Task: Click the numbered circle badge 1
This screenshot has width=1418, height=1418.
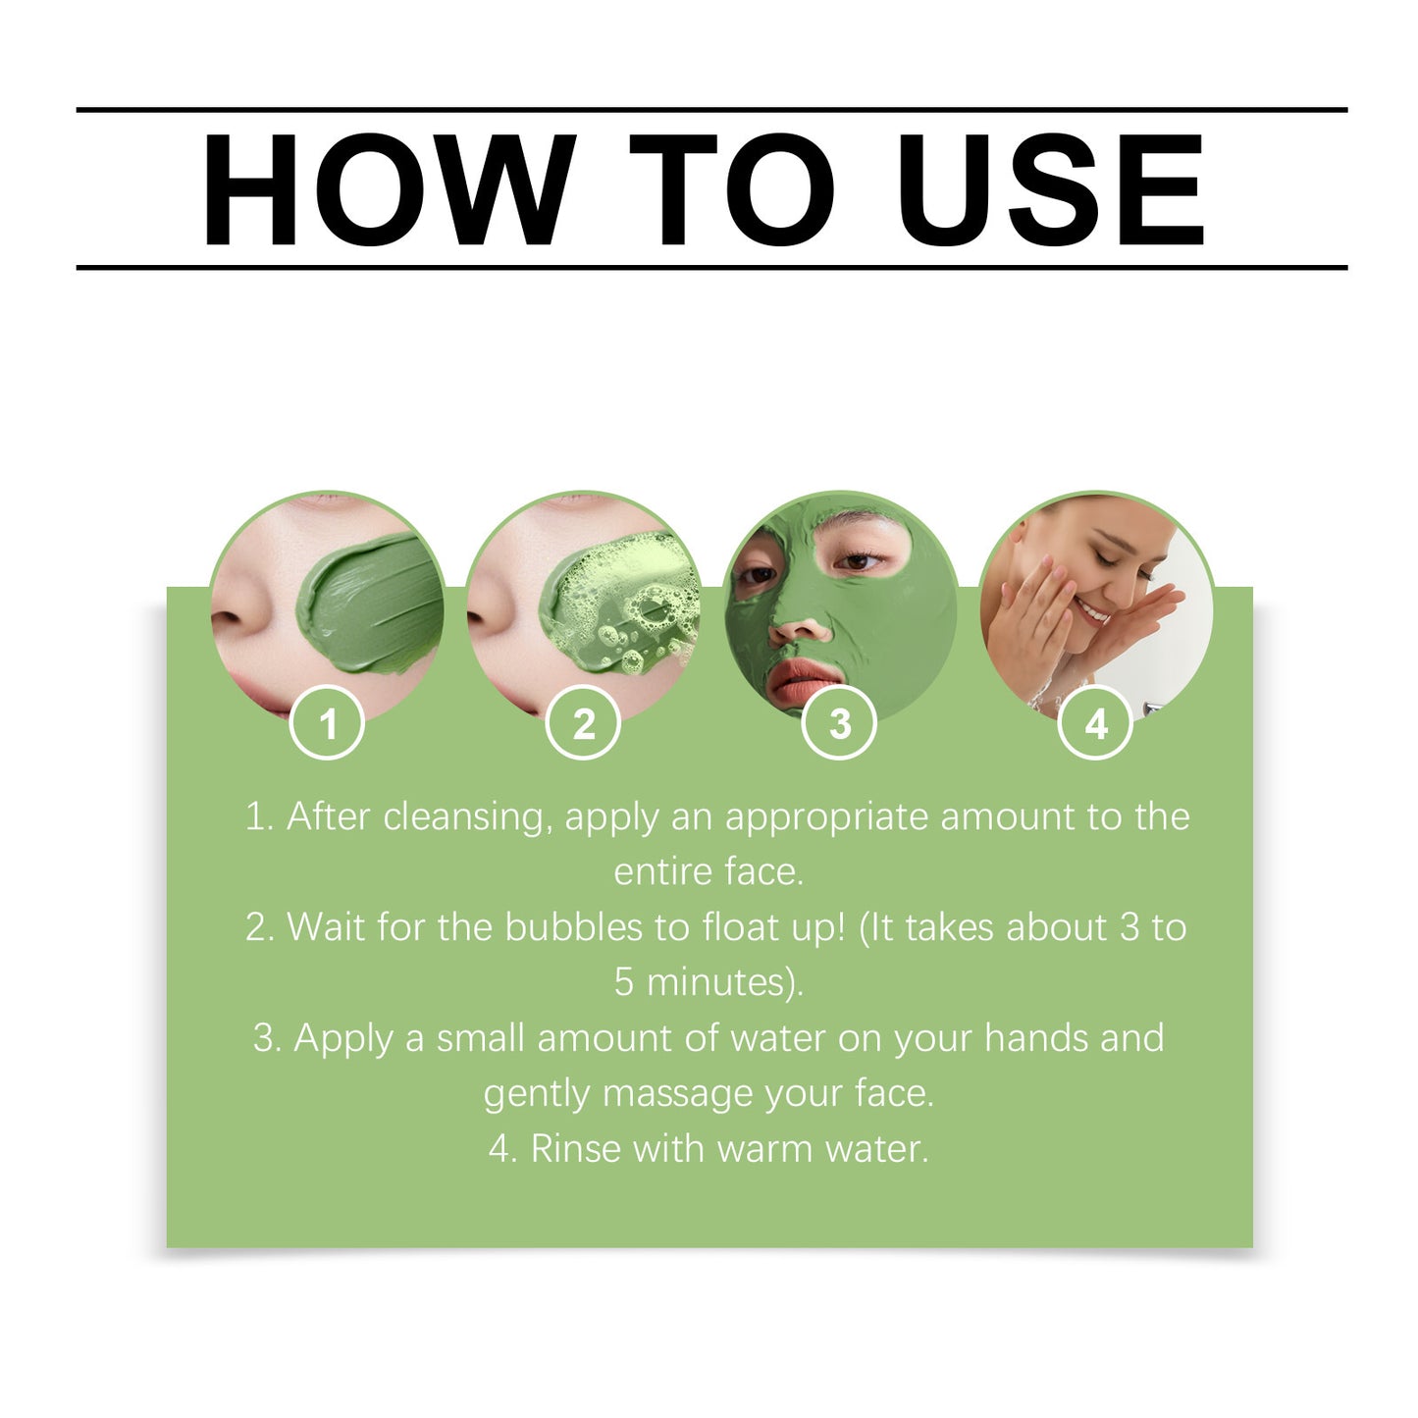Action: click(328, 724)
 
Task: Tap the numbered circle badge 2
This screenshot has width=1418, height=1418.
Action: click(584, 724)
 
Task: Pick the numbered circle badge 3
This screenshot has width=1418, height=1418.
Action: click(840, 724)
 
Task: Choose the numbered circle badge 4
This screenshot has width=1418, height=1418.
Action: click(1096, 724)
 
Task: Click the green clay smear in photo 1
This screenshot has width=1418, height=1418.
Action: click(373, 604)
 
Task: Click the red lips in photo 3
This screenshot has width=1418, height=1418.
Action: click(806, 680)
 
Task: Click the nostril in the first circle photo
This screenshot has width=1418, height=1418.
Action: click(228, 620)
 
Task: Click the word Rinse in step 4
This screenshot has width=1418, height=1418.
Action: click(576, 1149)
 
